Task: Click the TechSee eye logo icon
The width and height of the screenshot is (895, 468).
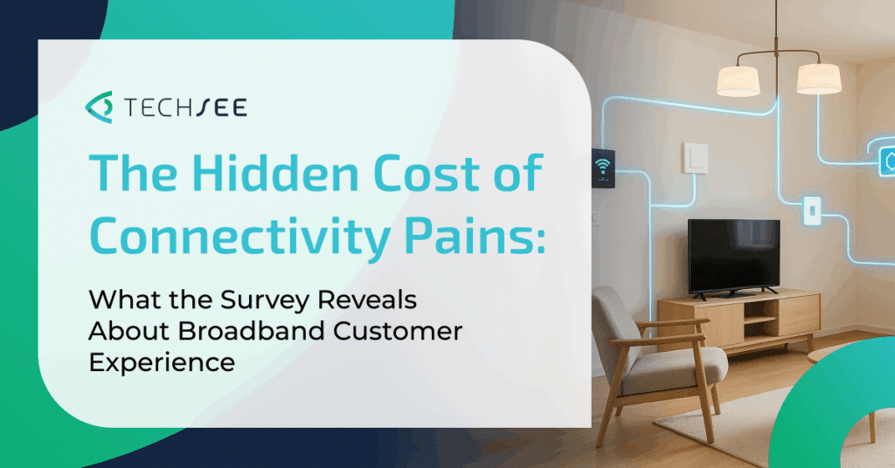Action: (x=100, y=107)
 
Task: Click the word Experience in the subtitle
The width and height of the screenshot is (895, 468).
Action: (x=162, y=363)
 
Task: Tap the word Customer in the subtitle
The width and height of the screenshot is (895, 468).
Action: (x=398, y=331)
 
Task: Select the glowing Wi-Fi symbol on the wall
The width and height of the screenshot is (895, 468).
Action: (x=602, y=167)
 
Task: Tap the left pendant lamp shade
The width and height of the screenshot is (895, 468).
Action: (x=739, y=80)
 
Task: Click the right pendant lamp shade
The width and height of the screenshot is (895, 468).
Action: (x=818, y=78)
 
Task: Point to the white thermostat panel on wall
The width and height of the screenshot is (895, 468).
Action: (x=696, y=158)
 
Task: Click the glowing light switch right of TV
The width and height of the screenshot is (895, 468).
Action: (x=812, y=210)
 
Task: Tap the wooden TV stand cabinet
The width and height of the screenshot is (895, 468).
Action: (x=739, y=321)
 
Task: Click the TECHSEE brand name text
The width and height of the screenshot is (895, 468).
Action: (x=185, y=107)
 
